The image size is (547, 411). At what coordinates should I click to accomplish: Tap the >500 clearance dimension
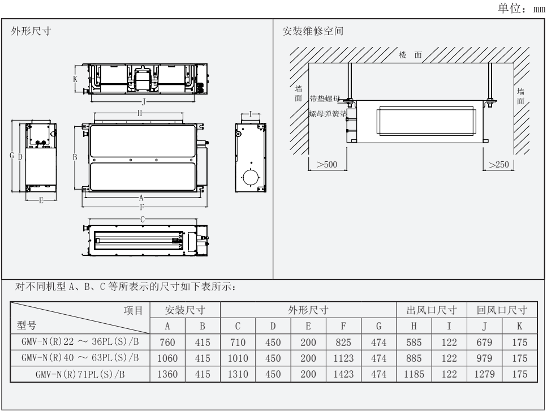point(328,164)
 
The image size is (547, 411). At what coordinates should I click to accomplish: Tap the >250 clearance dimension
point(498,164)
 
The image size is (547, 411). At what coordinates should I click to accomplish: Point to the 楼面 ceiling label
point(411,55)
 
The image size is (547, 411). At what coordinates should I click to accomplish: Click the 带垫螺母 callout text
point(326,99)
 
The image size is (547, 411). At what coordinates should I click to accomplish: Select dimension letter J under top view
point(143,101)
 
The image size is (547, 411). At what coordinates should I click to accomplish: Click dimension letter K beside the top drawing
point(75,80)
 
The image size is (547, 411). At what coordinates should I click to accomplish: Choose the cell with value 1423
point(343,374)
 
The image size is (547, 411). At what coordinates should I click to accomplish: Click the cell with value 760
point(167,342)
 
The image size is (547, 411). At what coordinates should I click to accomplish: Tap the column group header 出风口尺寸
point(431,310)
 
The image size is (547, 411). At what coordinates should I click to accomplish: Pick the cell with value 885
point(414,358)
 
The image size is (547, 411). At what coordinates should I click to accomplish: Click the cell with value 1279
point(484,374)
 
